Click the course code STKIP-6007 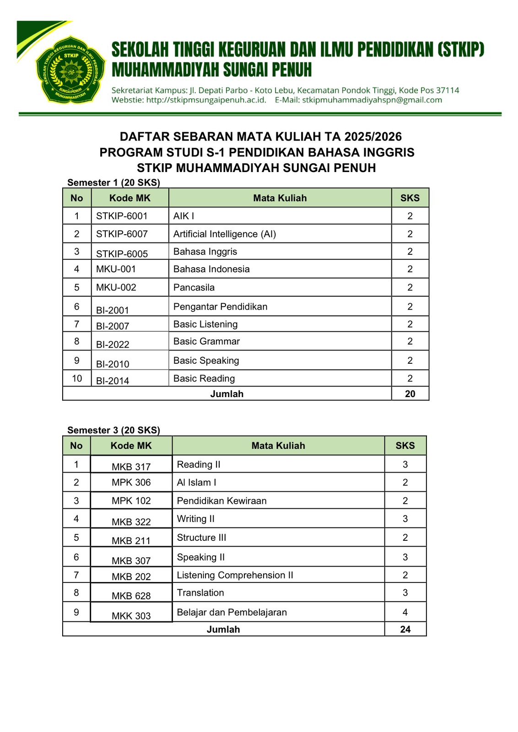pyautogui.click(x=122, y=234)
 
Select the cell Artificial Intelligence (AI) pyautogui.click(x=224, y=234)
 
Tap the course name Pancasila pyautogui.click(x=194, y=287)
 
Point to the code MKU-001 pyautogui.click(x=116, y=269)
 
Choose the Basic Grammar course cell pyautogui.click(x=206, y=341)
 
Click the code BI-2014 pyautogui.click(x=113, y=380)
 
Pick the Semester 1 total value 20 pyautogui.click(x=410, y=393)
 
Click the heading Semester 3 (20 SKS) pyautogui.click(x=113, y=430)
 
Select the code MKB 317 pyautogui.click(x=131, y=467)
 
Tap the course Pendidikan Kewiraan pyautogui.click(x=221, y=501)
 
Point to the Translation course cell pyautogui.click(x=200, y=592)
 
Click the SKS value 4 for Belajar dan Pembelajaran pyautogui.click(x=405, y=612)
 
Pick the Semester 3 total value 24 pyautogui.click(x=405, y=629)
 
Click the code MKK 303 pyautogui.click(x=131, y=616)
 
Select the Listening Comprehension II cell pyautogui.click(x=235, y=575)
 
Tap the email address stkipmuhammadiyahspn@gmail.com pyautogui.click(x=372, y=100)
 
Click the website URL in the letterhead pyautogui.click(x=206, y=100)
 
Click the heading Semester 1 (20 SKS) pyautogui.click(x=113, y=183)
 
